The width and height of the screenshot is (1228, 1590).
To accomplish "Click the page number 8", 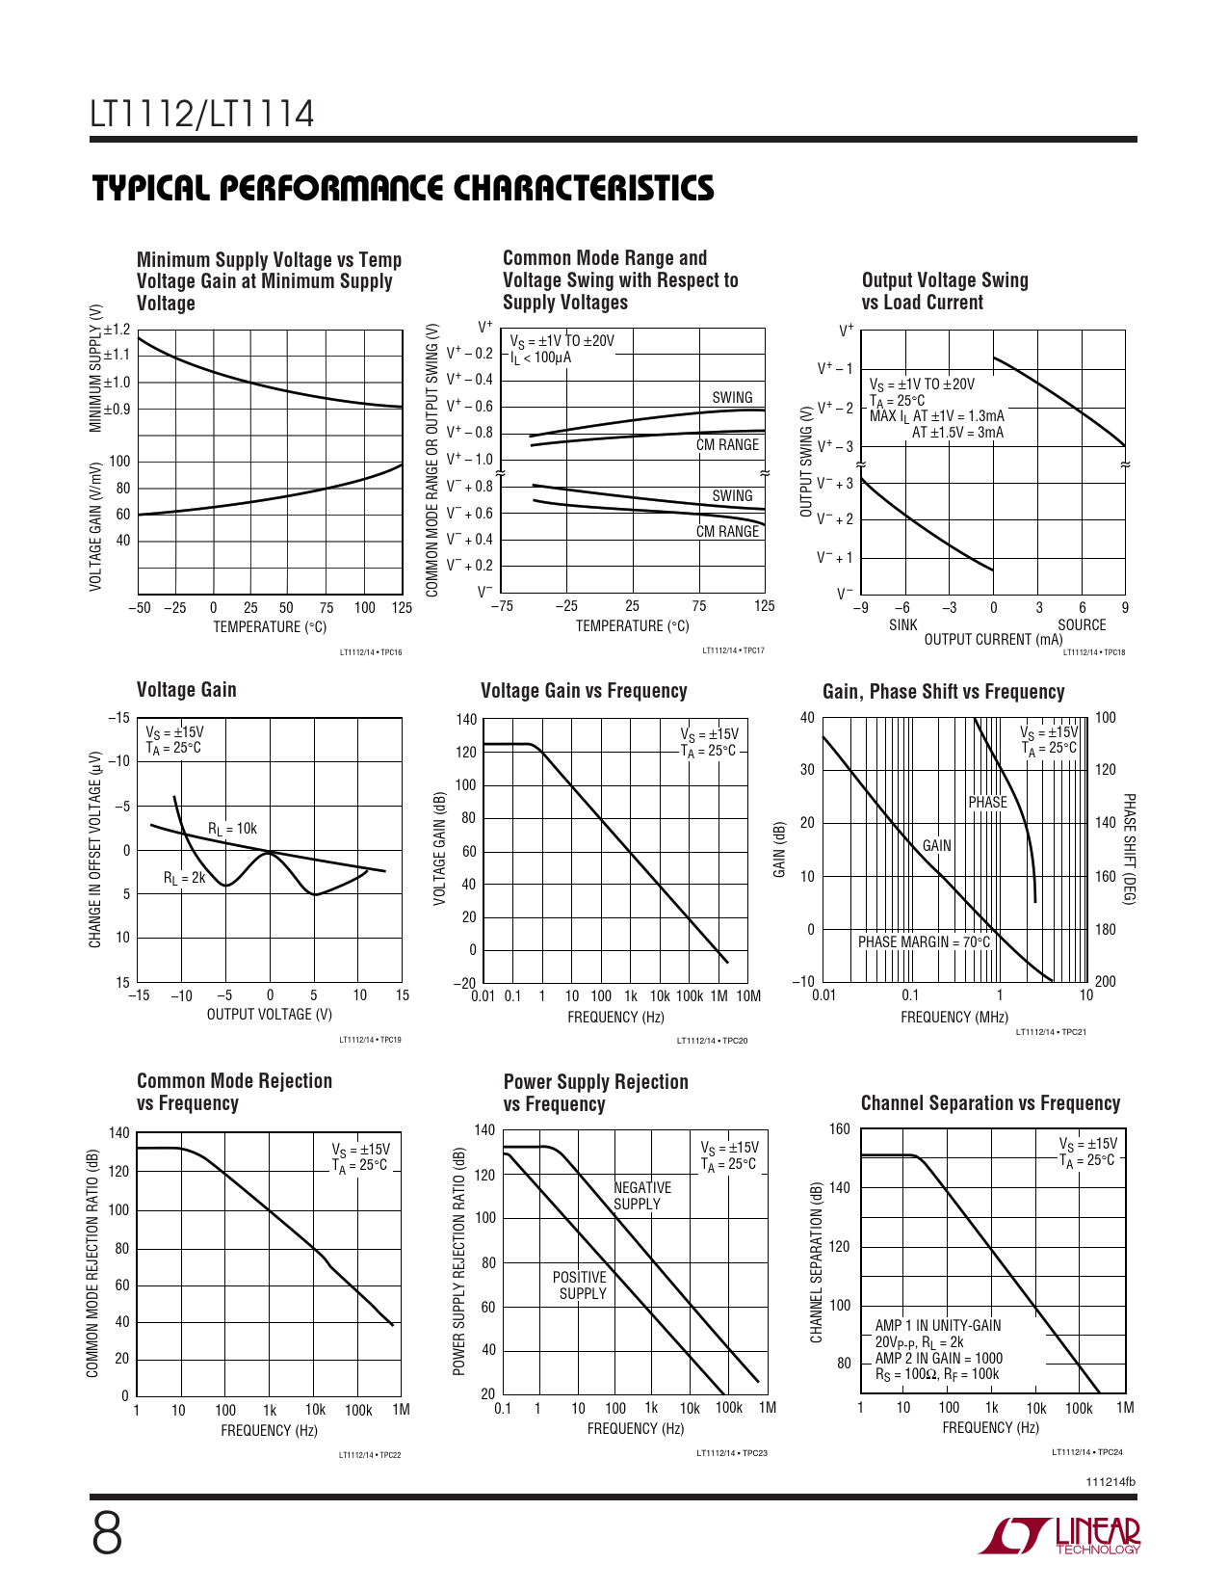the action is tap(107, 1535).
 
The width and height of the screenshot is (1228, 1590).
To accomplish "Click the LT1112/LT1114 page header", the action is tap(202, 114).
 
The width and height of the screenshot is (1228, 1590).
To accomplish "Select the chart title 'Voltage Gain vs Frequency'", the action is tap(584, 691).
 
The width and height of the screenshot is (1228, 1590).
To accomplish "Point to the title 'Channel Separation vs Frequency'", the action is tap(990, 1102).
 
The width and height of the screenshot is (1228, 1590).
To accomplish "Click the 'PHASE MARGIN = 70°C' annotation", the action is tap(924, 941).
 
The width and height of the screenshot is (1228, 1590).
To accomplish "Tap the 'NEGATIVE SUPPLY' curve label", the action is tap(642, 1196).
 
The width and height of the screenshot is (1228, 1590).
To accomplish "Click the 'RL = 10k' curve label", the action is tap(232, 829).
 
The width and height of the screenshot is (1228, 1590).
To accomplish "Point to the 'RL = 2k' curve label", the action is tap(184, 878).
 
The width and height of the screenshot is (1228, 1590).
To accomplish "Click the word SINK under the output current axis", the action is tap(903, 624).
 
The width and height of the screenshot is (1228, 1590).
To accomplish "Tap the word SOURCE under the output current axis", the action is tap(1082, 624).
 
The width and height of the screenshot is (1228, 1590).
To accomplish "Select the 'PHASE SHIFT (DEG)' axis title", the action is tap(1129, 849).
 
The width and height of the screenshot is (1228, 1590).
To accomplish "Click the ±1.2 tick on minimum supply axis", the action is tap(118, 330).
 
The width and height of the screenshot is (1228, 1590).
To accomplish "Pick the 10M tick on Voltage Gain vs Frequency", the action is tap(748, 995).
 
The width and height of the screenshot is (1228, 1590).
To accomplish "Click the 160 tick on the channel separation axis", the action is tap(840, 1129).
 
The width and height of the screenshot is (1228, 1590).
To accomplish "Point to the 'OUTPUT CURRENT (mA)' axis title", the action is tap(993, 640).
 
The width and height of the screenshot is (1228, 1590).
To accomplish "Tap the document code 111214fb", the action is tap(1110, 1482).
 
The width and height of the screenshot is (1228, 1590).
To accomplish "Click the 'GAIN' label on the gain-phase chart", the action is tap(936, 846).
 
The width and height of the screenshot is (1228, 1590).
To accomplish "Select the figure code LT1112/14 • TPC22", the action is tap(370, 1455).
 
